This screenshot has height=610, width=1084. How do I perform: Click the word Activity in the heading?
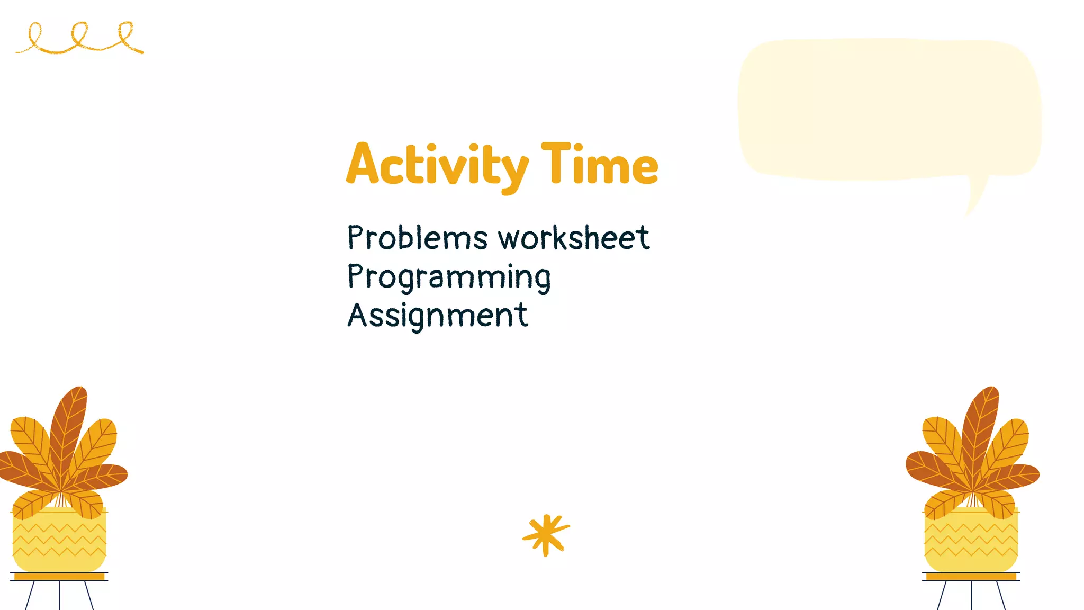coord(437,165)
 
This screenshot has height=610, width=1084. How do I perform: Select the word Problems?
coord(417,238)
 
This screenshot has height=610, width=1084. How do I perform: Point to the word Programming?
coord(449,277)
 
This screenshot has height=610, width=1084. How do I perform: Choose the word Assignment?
coord(438,316)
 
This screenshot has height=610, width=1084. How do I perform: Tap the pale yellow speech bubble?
coord(889,109)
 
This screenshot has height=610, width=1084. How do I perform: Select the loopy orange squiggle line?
coord(79,39)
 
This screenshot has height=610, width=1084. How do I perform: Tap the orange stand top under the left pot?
coord(59,577)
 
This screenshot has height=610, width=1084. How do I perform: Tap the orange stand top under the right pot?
coord(971,577)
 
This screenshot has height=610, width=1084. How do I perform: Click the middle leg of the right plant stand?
coord(971,596)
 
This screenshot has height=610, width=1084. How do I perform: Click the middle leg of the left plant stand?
coord(59,596)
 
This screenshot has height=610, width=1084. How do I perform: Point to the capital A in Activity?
coord(363,165)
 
